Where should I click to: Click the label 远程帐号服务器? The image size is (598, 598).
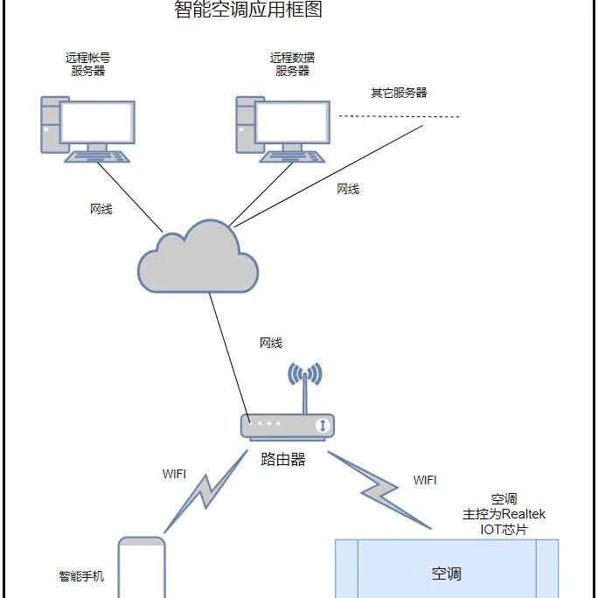pos(88,65)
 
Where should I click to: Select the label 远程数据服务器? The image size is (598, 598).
pos(292,65)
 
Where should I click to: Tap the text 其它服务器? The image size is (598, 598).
pos(399,93)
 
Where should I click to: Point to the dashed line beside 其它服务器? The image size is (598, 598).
pos(399,116)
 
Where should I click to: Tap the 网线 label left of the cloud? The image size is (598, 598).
pos(101,210)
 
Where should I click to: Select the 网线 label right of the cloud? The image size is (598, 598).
pos(348,189)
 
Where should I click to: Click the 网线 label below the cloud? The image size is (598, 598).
pos(271,344)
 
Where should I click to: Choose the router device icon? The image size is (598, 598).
pos(288,426)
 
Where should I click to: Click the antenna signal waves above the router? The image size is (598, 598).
pos(304,374)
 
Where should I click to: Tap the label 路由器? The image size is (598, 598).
pos(283,459)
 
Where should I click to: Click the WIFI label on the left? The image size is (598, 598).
pos(174,475)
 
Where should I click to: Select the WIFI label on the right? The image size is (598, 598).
pos(425,480)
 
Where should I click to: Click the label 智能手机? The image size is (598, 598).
pos(81,576)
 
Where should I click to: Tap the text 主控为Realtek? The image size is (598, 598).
pos(504,514)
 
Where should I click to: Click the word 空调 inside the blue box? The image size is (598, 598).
pos(446,574)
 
